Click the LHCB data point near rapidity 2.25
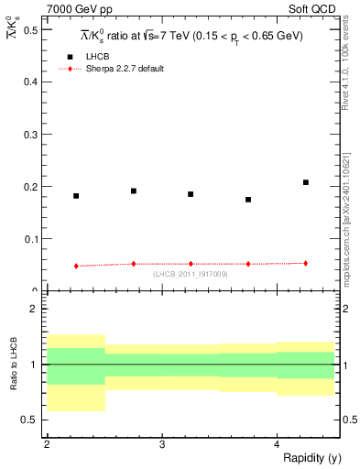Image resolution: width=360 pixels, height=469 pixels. coord(76,196)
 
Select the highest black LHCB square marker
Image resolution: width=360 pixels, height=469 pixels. coord(306,182)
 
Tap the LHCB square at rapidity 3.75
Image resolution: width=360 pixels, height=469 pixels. coord(248,200)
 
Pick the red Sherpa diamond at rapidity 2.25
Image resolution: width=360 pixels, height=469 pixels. coord(76,266)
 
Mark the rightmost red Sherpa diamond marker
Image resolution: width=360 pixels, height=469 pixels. coord(306,263)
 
